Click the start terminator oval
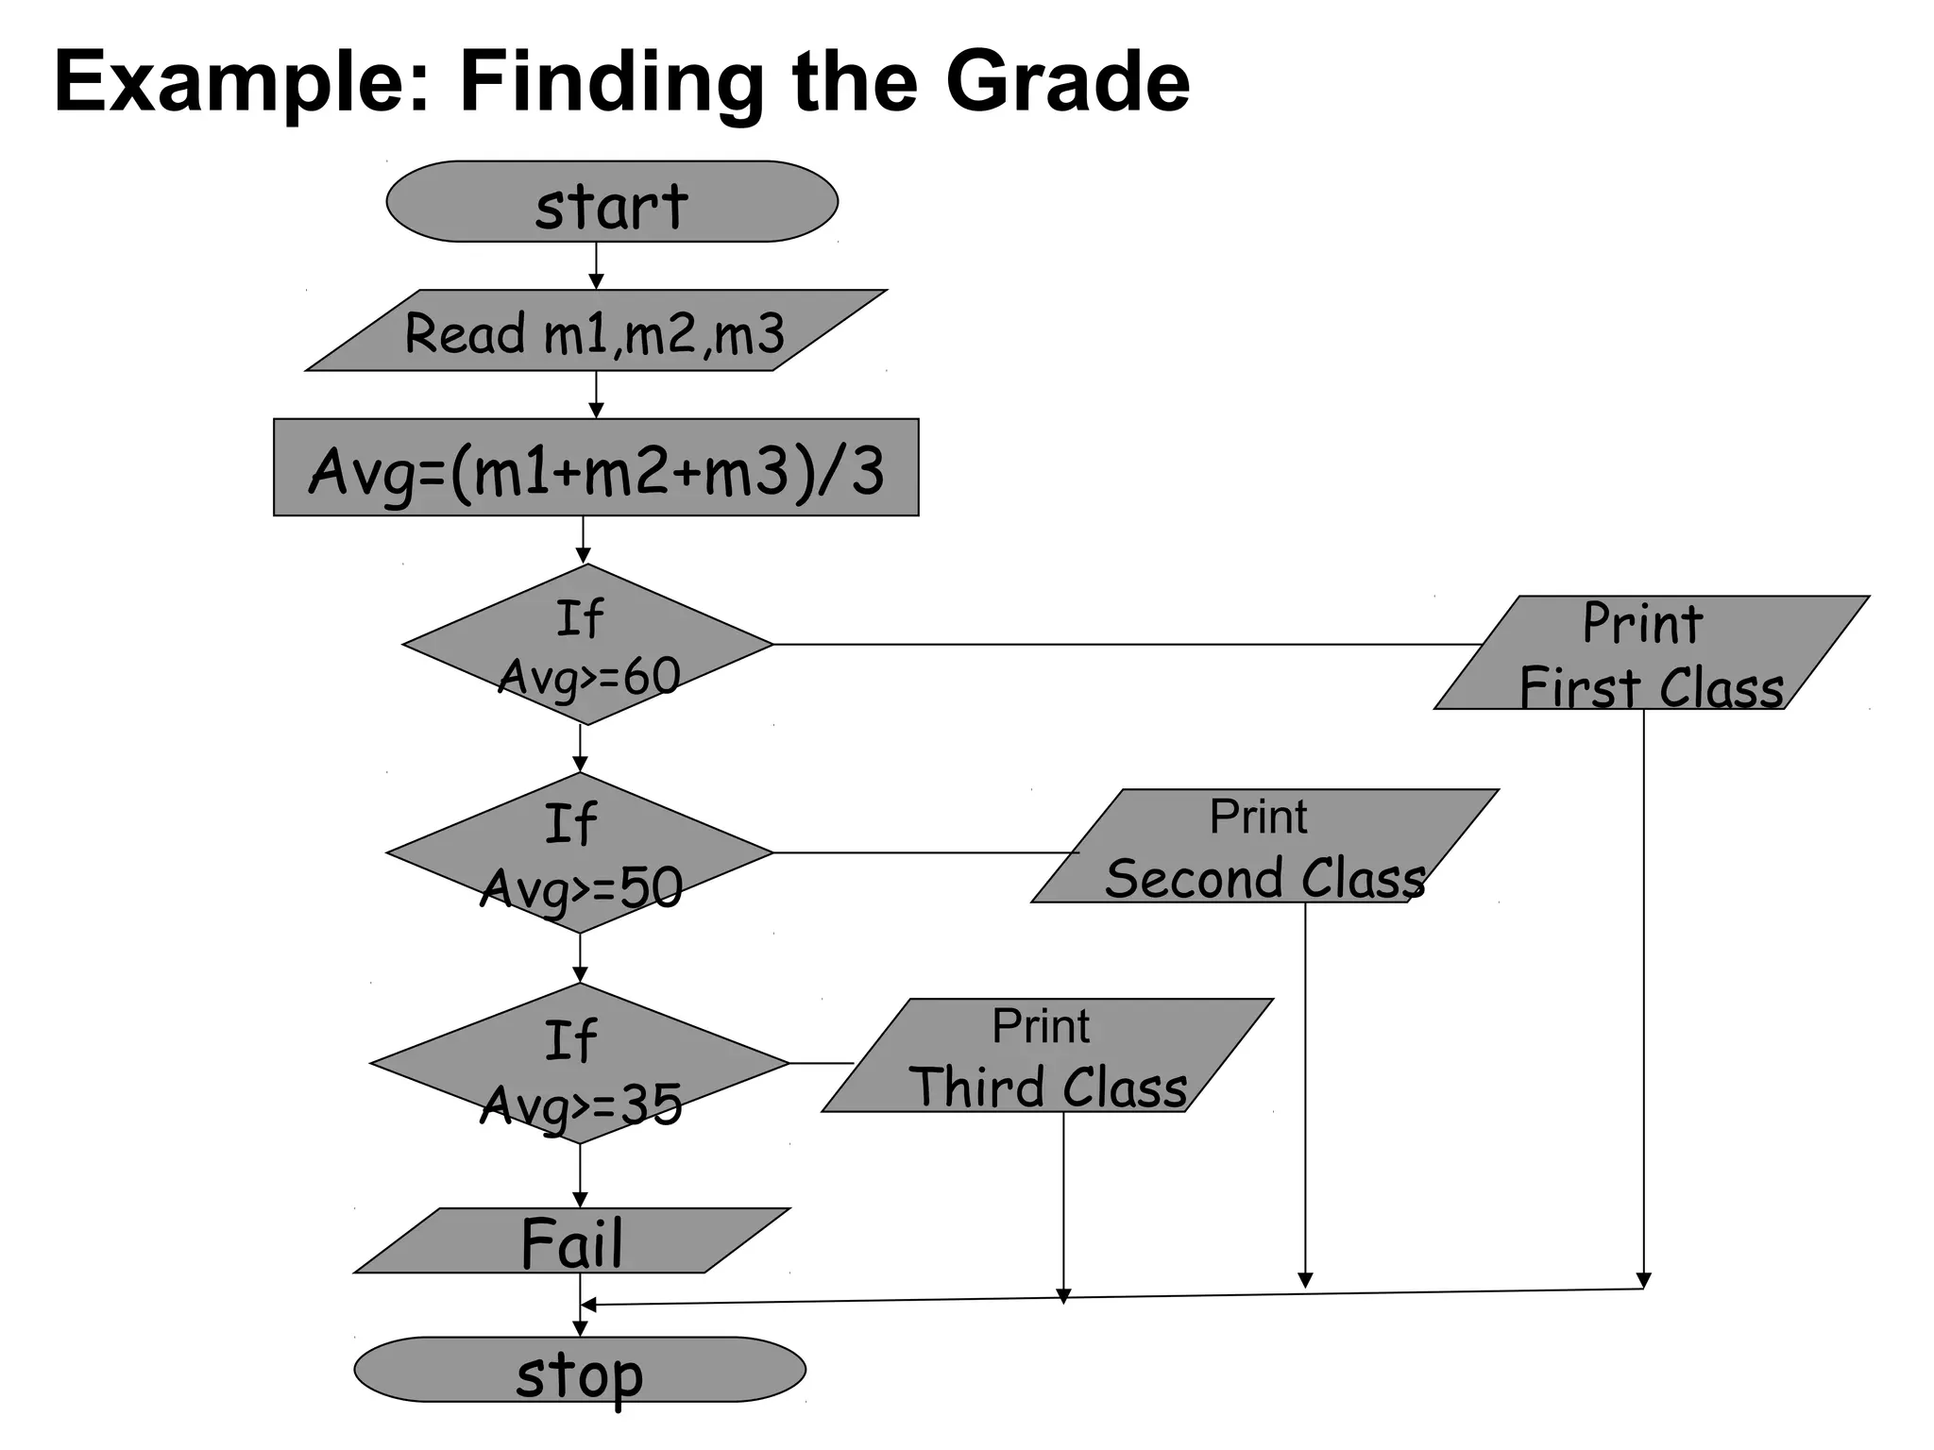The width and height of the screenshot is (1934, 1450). click(611, 202)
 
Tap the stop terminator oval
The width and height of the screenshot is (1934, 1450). click(579, 1369)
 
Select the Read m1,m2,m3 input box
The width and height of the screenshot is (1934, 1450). click(595, 330)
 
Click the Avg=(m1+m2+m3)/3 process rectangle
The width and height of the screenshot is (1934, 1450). click(595, 467)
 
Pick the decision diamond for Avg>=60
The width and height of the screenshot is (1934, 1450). click(587, 645)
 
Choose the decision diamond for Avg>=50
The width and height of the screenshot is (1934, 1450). click(579, 853)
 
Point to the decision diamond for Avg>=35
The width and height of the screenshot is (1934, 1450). click(579, 1064)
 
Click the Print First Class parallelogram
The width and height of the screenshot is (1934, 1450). click(1651, 652)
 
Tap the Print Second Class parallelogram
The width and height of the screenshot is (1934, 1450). click(1264, 846)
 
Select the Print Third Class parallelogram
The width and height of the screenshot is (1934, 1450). click(1046, 1055)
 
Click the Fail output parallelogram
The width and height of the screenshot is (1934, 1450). click(571, 1240)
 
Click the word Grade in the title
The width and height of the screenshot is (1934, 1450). click(1067, 81)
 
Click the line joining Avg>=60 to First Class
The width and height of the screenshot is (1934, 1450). click(1124, 645)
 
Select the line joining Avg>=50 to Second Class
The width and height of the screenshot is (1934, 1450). click(925, 852)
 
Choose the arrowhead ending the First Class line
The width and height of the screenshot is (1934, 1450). click(1643, 1281)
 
